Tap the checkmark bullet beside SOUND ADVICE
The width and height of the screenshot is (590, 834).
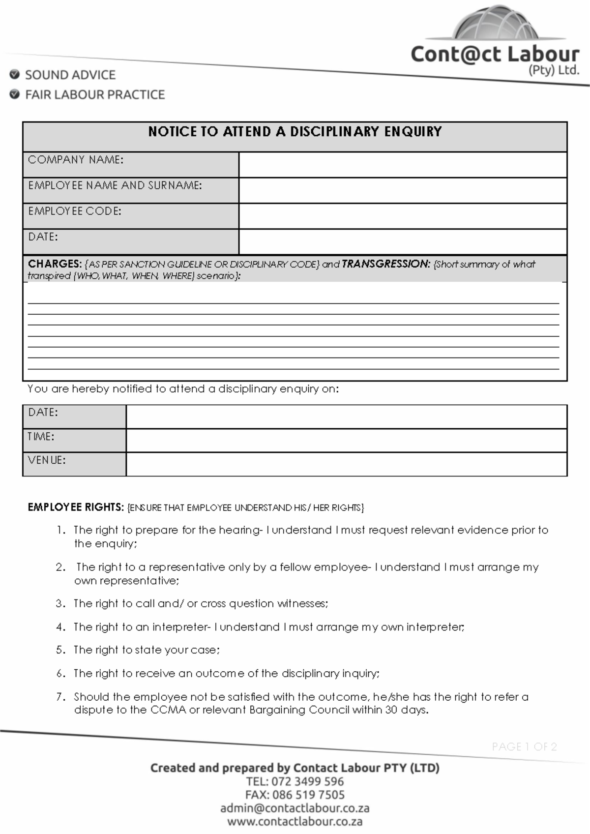pyautogui.click(x=15, y=75)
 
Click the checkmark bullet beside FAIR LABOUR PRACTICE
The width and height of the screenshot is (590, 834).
pyautogui.click(x=15, y=94)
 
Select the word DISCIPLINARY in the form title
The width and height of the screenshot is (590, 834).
pyautogui.click(x=334, y=132)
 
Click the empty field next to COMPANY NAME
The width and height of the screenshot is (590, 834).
pyautogui.click(x=402, y=165)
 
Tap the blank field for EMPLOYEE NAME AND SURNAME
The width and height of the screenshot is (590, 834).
pyautogui.click(x=402, y=190)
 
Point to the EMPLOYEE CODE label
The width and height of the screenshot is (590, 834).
pyautogui.click(x=75, y=211)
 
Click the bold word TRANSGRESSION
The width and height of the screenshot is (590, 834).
pyautogui.click(x=386, y=264)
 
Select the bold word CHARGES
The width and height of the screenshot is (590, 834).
pyautogui.click(x=54, y=264)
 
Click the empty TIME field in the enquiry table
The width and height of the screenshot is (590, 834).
pyautogui.click(x=346, y=440)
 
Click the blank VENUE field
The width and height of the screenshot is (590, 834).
pyautogui.click(x=346, y=464)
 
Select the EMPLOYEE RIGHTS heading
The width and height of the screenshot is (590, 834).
pyautogui.click(x=75, y=507)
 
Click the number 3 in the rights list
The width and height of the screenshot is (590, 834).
pyautogui.click(x=59, y=604)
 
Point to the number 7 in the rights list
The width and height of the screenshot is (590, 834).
pyautogui.click(x=59, y=697)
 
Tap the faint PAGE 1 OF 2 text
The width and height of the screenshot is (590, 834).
pyautogui.click(x=524, y=747)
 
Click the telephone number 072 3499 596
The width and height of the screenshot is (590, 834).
pyautogui.click(x=307, y=781)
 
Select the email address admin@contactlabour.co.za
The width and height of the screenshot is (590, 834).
pyautogui.click(x=295, y=808)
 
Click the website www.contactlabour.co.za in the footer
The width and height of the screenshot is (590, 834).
pyautogui.click(x=295, y=822)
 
